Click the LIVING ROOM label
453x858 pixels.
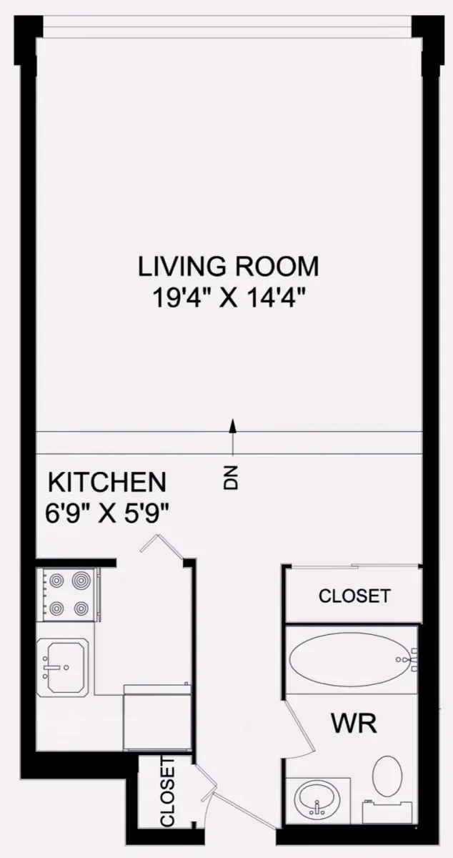228,267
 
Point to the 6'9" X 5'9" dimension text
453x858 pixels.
107,513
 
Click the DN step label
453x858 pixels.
232,478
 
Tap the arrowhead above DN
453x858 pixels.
232,425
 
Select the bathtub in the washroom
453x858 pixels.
352,659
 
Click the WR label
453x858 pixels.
354,723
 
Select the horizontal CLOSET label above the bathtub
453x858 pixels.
354,596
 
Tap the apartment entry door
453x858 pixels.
243,809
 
